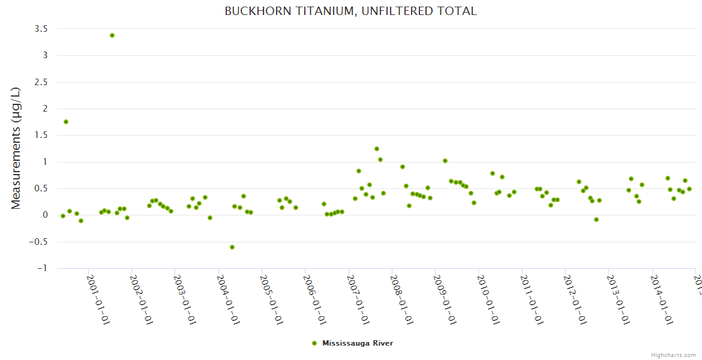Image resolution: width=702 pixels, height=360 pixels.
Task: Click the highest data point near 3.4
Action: pos(112,35)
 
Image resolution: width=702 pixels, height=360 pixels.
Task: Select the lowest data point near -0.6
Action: pos(232,247)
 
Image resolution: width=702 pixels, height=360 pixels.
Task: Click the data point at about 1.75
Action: pos(66,122)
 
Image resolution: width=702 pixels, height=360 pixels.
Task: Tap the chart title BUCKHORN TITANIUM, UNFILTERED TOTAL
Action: pos(350,11)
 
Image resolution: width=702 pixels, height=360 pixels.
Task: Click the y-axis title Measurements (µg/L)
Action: pos(16,148)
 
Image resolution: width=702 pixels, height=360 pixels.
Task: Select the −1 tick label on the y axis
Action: pos(42,268)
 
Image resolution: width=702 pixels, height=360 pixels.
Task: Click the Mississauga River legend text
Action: pos(358,343)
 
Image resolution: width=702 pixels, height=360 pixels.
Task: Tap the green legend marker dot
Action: pos(314,343)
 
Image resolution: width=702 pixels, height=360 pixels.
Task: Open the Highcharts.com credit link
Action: pos(673,355)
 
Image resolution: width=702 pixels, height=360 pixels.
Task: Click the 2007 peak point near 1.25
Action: pos(377,149)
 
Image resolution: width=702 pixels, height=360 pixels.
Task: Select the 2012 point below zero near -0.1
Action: pos(596,220)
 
